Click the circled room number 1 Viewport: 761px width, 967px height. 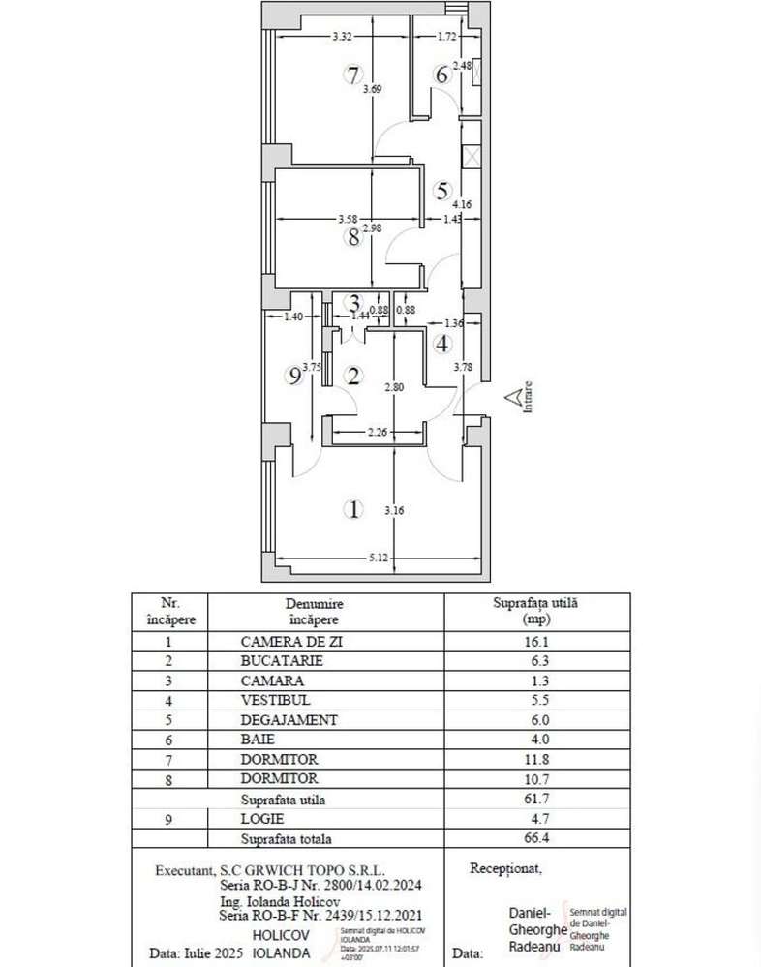(x=355, y=509)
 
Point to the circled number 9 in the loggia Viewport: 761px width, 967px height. (x=296, y=378)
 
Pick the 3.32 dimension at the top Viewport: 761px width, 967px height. (x=341, y=37)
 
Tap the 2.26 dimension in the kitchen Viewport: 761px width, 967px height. (x=377, y=433)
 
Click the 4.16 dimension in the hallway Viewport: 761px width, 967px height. (x=462, y=204)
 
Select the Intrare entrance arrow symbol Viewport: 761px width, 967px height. (x=510, y=396)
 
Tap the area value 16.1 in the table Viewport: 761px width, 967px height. (x=535, y=641)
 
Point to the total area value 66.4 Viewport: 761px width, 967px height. (x=535, y=839)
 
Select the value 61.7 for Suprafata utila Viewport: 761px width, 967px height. (x=535, y=800)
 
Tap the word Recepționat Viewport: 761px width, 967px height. (x=505, y=868)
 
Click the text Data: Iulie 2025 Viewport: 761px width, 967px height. (x=197, y=952)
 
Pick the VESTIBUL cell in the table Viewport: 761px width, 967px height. (x=276, y=700)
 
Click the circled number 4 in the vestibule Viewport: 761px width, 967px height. (x=442, y=343)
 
